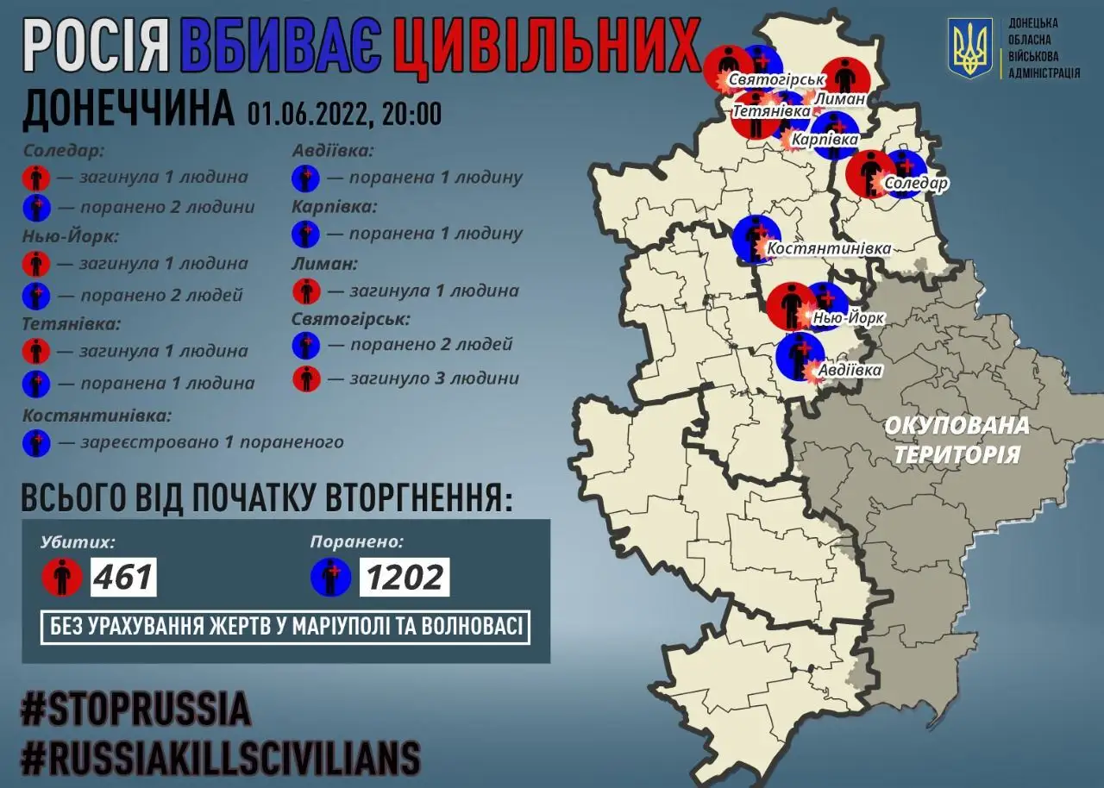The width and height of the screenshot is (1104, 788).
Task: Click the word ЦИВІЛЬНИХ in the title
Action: [x=545, y=47]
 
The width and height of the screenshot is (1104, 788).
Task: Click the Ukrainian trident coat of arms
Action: [x=970, y=48]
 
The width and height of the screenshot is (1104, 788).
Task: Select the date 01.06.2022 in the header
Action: [x=305, y=113]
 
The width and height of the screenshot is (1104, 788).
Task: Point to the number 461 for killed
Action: [x=124, y=577]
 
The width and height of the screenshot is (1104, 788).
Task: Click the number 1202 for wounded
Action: [x=404, y=577]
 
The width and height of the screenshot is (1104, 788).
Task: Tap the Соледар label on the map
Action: [x=916, y=184]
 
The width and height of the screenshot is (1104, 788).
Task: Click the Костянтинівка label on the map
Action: [x=829, y=248]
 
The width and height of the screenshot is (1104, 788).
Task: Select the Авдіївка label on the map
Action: [x=852, y=370]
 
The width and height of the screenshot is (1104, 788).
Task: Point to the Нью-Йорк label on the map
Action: [x=850, y=318]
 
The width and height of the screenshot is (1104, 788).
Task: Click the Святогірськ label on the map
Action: [x=774, y=80]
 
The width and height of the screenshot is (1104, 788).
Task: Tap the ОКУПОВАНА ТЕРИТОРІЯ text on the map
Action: [x=957, y=439]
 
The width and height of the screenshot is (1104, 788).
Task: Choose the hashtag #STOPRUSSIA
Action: [x=135, y=709]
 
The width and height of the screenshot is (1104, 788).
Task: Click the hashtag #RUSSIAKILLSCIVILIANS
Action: [x=221, y=758]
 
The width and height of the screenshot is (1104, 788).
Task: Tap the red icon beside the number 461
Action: [x=62, y=577]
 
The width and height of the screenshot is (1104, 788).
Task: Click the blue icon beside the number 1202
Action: [x=331, y=577]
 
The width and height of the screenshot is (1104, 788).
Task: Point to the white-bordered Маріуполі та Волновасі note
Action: [x=285, y=627]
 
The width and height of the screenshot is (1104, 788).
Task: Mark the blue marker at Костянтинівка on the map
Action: [x=756, y=239]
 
